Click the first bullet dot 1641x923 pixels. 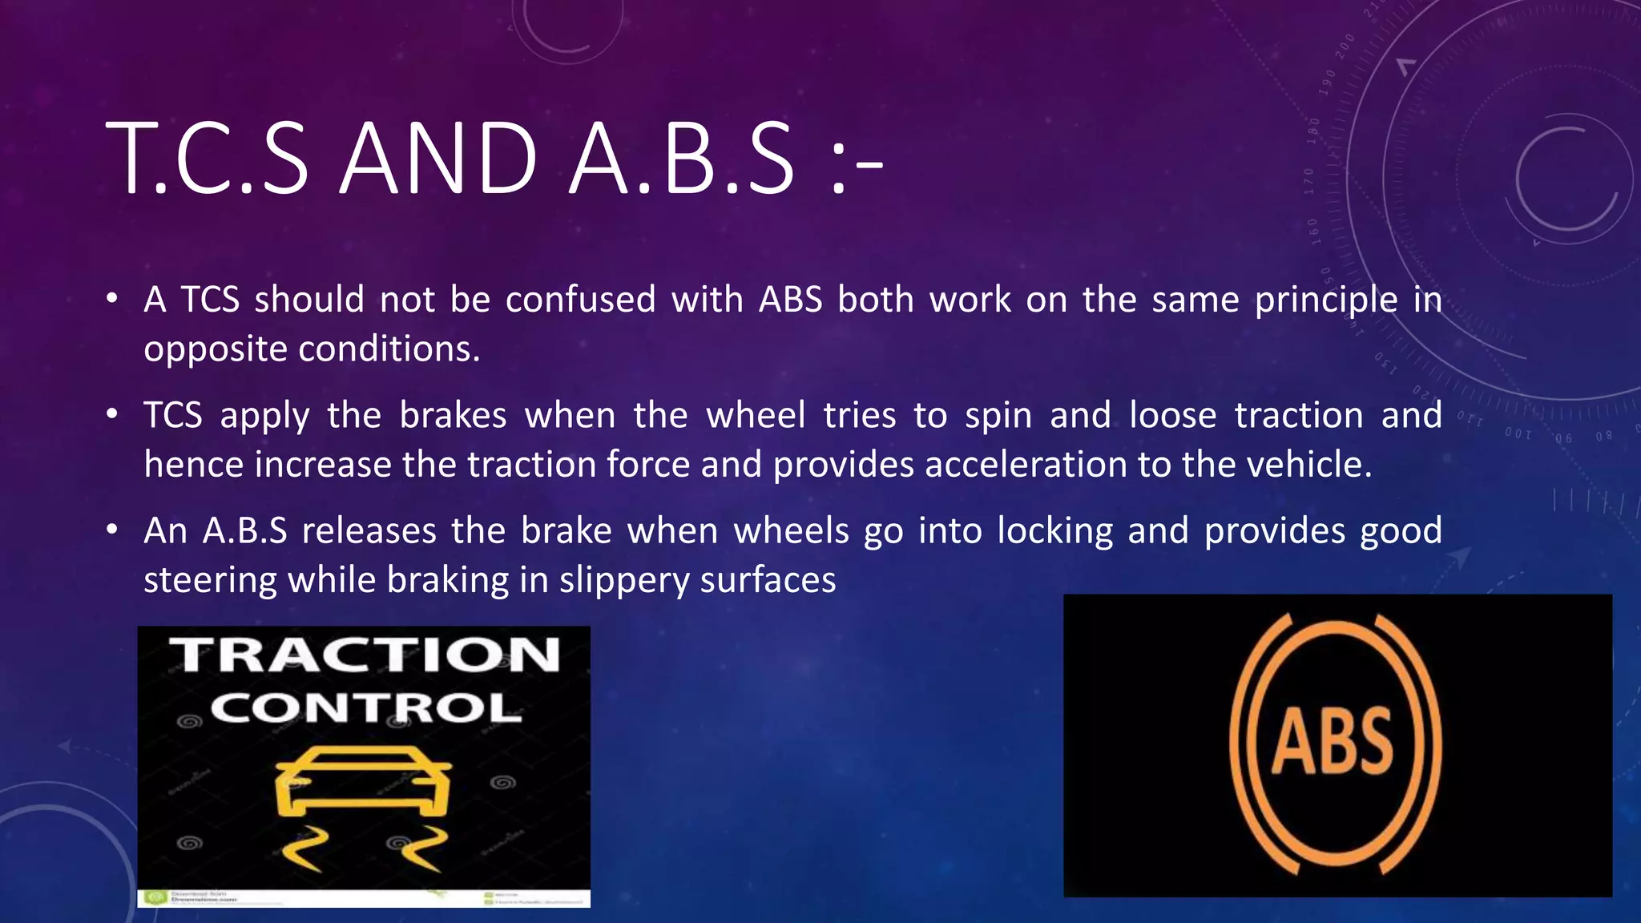[112, 300]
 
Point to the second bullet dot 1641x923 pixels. [112, 415]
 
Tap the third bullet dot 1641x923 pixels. [112, 530]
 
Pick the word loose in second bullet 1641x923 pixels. [1172, 415]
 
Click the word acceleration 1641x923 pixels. [1025, 465]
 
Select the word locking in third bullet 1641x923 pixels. [1055, 531]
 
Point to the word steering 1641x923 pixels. [210, 581]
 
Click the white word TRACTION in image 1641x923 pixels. [365, 655]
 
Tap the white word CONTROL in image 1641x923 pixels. [365, 708]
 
